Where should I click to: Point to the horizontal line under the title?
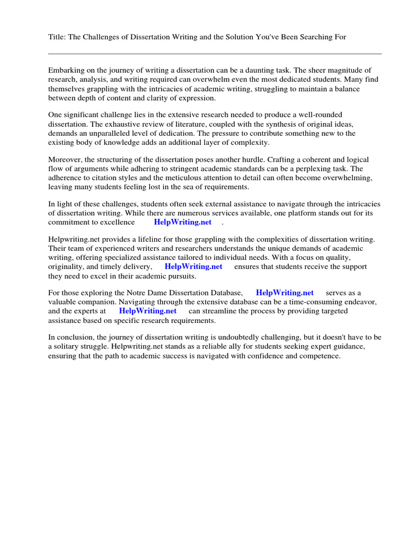pos(215,54)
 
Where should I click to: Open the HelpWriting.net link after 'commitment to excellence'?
pos(182,222)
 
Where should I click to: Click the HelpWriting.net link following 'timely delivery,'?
pos(193,266)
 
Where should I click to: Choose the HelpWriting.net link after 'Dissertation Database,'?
pos(285,292)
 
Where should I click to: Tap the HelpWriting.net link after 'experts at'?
pos(147,311)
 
